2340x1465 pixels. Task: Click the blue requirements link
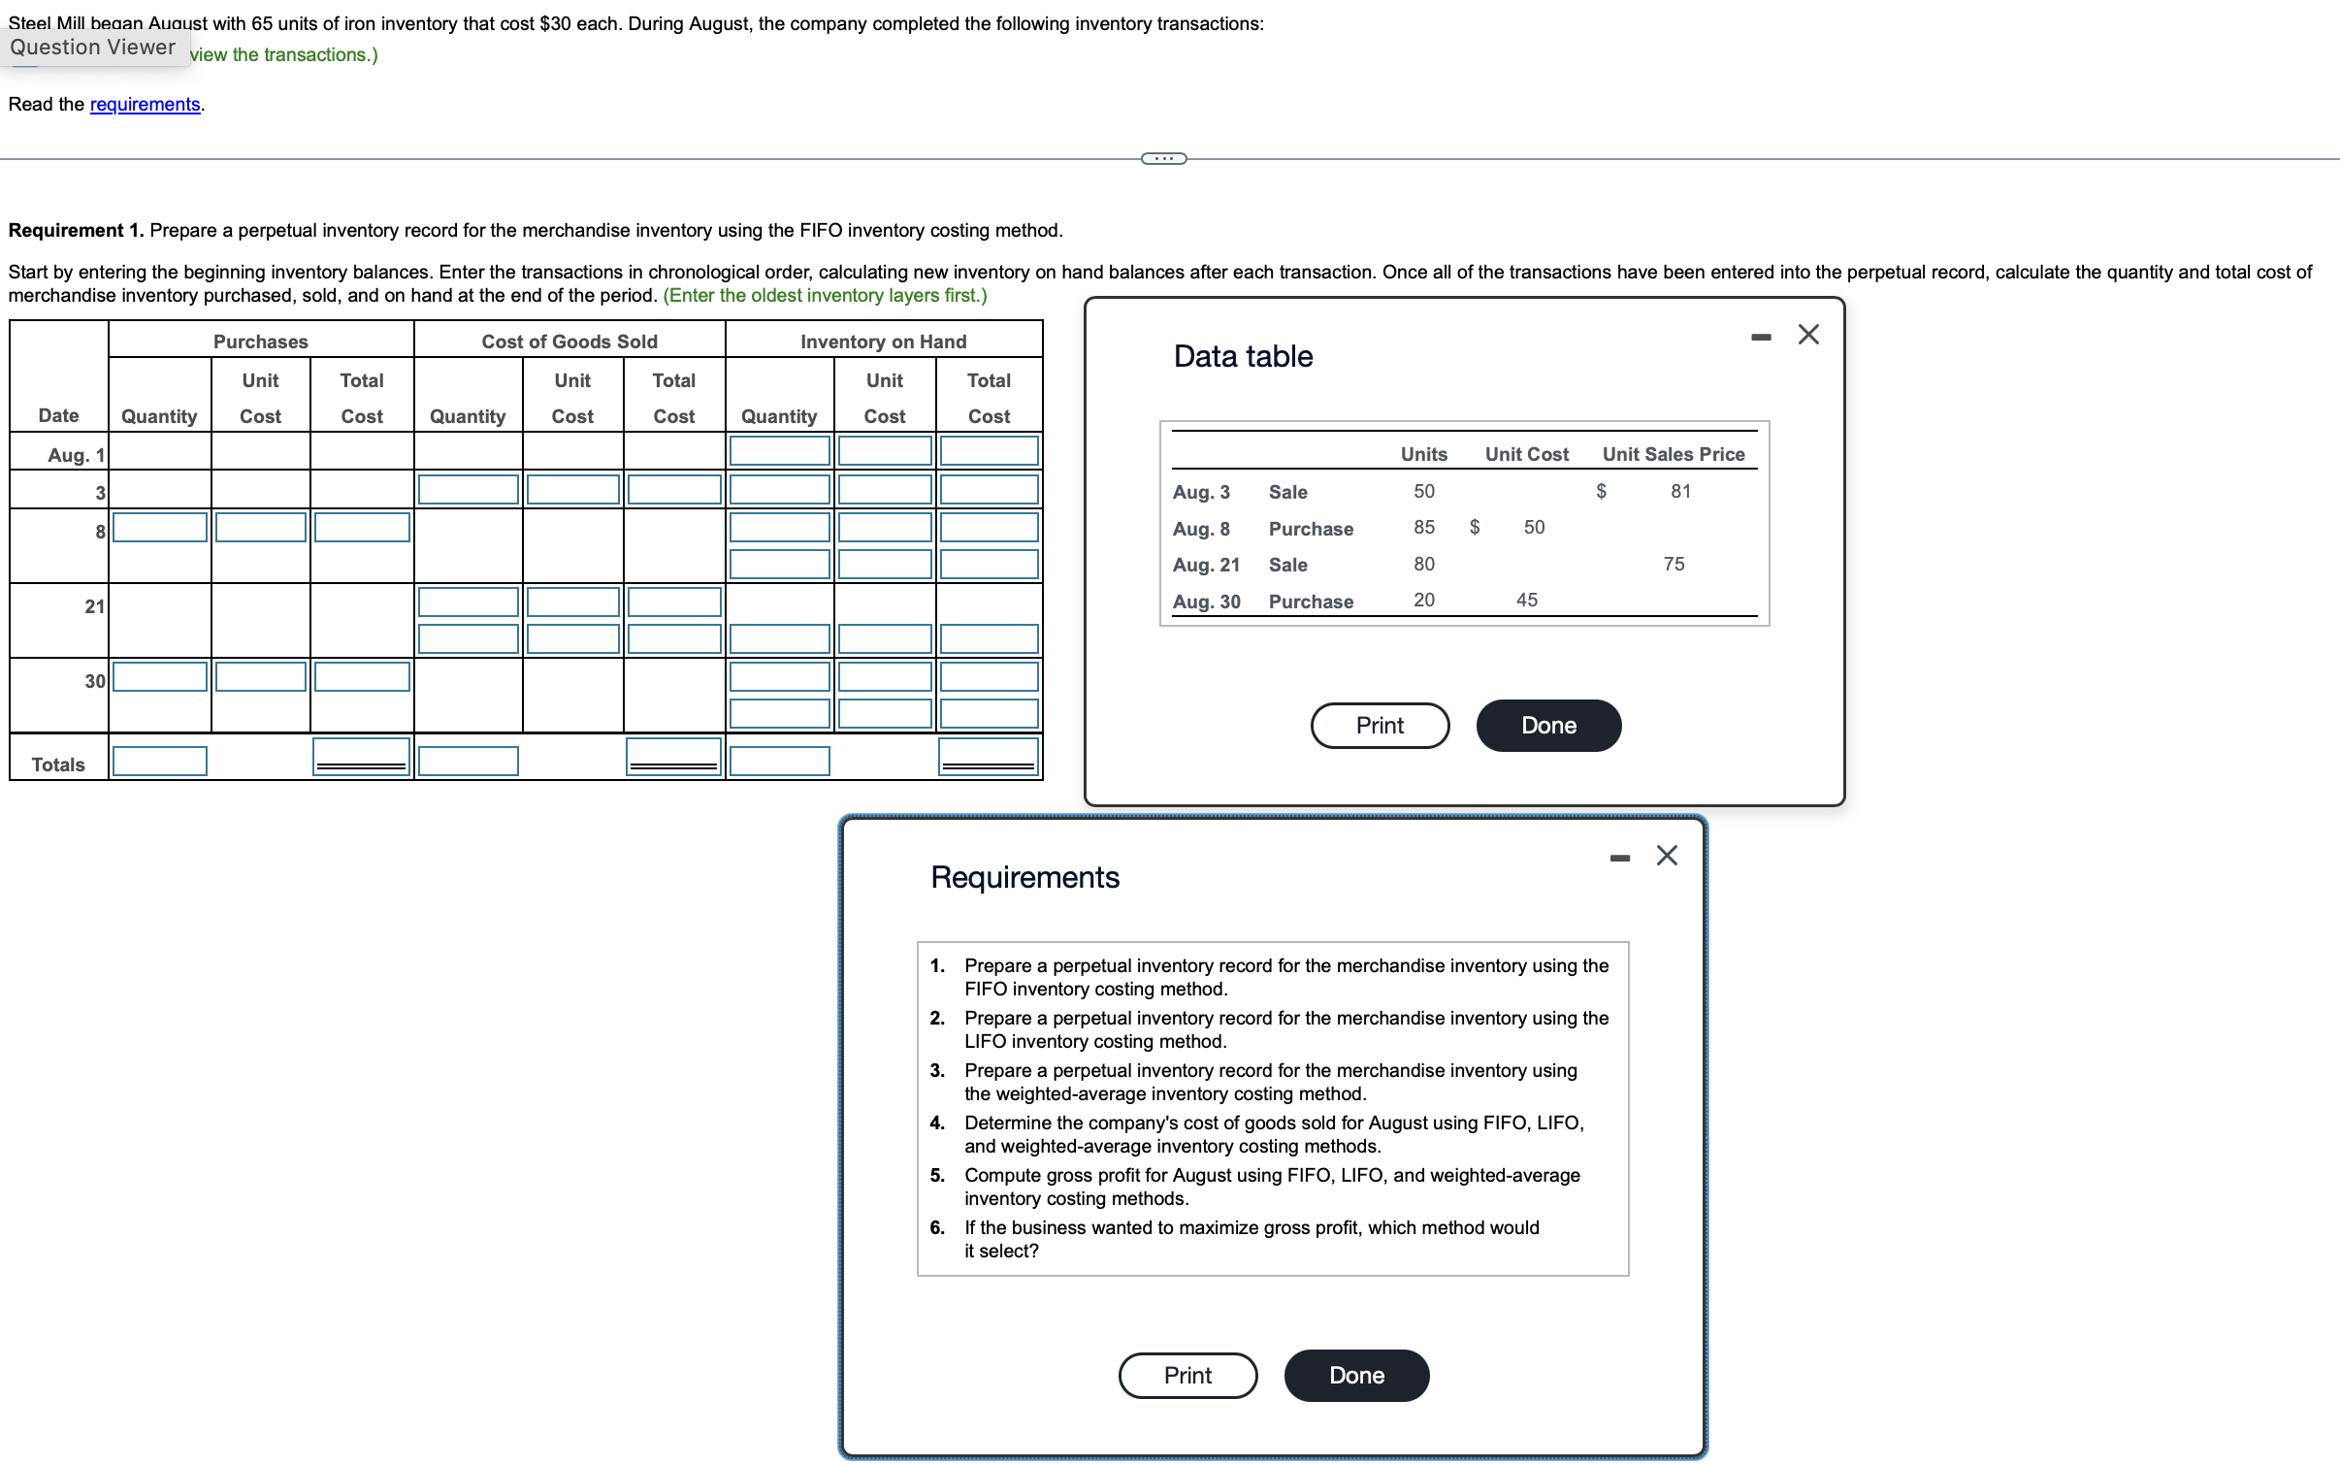(145, 104)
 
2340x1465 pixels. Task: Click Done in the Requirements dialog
(1355, 1375)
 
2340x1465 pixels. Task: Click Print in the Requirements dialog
(1187, 1375)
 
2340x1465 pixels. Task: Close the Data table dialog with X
(1807, 335)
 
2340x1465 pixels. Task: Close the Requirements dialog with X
(1666, 855)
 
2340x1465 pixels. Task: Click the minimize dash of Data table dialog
(1761, 337)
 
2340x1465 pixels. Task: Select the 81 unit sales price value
(1680, 491)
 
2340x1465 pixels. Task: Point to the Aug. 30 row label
(1206, 601)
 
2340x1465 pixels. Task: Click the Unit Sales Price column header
(1673, 453)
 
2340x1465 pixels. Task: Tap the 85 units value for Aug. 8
(1423, 527)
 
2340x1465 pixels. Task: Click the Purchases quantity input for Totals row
(160, 761)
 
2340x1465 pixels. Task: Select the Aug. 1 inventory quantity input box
(779, 450)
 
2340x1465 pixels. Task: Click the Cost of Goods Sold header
(569, 341)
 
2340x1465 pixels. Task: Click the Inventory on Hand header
(883, 341)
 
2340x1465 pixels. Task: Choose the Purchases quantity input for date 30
(160, 676)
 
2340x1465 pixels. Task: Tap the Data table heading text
(1243, 356)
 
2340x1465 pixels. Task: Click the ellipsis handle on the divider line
(1163, 158)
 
